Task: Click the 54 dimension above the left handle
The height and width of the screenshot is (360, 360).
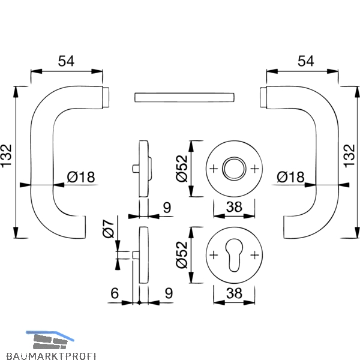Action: click(x=66, y=61)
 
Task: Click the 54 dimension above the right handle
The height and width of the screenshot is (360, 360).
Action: click(x=306, y=61)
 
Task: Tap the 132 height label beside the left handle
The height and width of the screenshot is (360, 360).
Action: click(x=6, y=155)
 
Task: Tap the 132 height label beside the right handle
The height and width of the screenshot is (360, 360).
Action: click(x=349, y=155)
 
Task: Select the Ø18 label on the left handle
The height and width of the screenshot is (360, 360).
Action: click(x=81, y=177)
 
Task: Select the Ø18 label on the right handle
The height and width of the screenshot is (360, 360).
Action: click(x=290, y=177)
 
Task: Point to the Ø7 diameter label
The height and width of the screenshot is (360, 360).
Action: click(x=108, y=229)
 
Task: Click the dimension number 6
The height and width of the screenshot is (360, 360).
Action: click(x=115, y=293)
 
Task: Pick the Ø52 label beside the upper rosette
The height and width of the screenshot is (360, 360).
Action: click(x=182, y=169)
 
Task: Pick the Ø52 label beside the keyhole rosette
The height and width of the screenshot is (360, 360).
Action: click(x=182, y=255)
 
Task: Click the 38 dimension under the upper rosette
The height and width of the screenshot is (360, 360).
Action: click(x=234, y=207)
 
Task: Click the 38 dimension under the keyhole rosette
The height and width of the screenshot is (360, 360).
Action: click(x=234, y=293)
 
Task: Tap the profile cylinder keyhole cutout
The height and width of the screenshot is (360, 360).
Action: click(x=234, y=255)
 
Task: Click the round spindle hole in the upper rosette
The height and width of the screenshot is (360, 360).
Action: click(x=234, y=169)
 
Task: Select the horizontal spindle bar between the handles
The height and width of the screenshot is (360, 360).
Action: click(x=184, y=97)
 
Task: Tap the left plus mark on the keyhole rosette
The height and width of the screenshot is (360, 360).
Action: click(x=214, y=255)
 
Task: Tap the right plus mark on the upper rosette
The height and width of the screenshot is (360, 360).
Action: click(x=254, y=169)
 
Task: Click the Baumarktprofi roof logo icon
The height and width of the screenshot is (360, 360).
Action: click(x=50, y=340)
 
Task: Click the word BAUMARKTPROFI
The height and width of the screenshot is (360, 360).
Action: click(x=51, y=356)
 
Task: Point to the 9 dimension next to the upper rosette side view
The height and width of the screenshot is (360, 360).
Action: click(x=167, y=208)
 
